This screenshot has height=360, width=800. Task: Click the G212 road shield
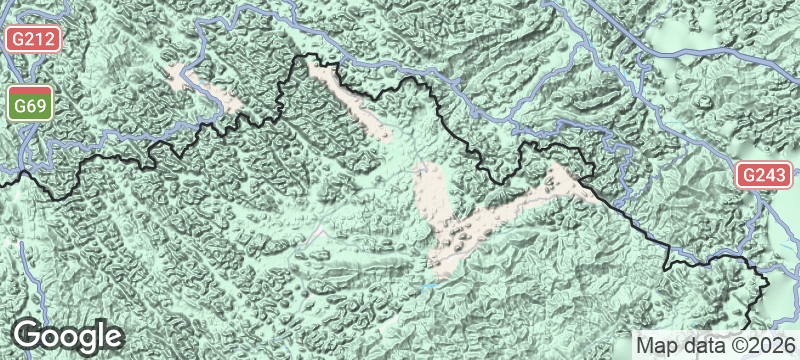click(x=33, y=40)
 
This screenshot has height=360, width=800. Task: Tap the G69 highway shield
click(x=32, y=105)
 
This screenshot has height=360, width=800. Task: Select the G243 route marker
click(x=763, y=175)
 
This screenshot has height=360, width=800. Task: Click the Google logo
click(x=67, y=336)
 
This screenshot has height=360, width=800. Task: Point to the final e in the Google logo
click(x=112, y=338)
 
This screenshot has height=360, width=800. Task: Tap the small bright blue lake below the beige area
click(x=430, y=286)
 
